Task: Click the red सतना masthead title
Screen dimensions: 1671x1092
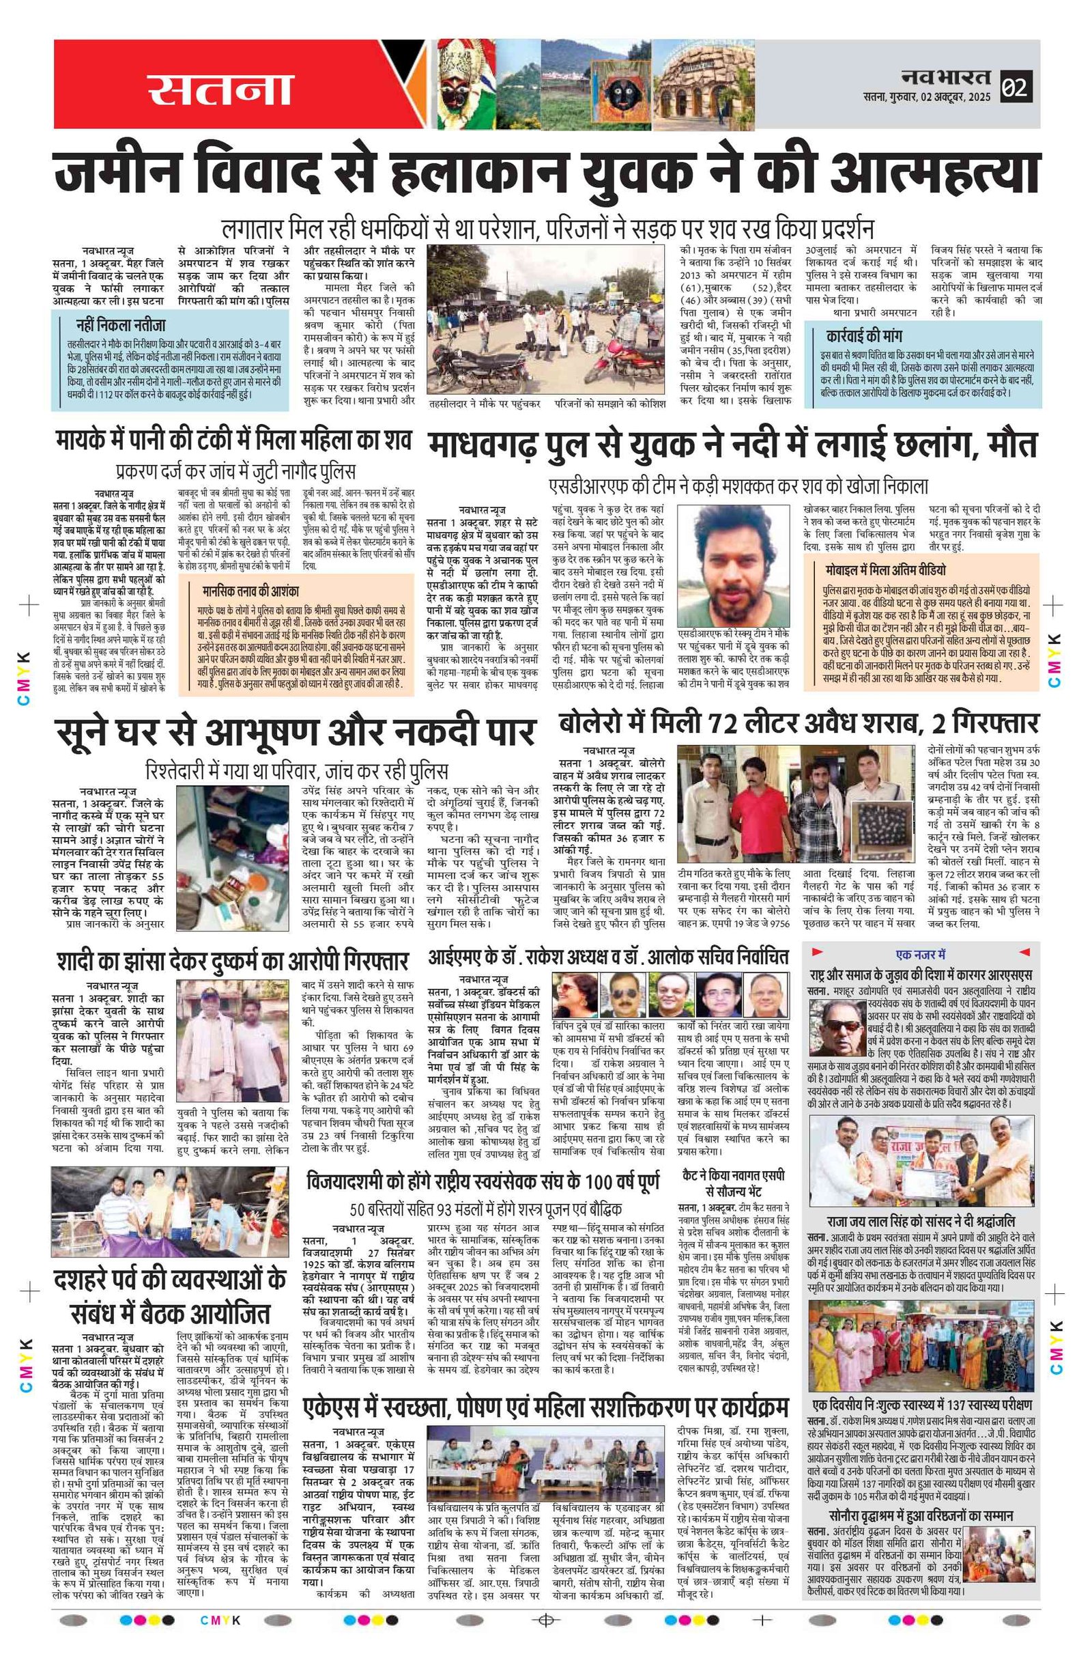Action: click(219, 88)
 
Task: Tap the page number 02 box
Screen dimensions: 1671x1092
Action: click(1015, 87)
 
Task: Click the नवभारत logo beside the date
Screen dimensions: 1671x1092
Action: click(946, 77)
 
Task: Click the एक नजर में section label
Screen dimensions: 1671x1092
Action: click(921, 955)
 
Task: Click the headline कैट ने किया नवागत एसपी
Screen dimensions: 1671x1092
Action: click(733, 1175)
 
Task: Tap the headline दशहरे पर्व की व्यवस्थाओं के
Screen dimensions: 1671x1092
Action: click(170, 1280)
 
